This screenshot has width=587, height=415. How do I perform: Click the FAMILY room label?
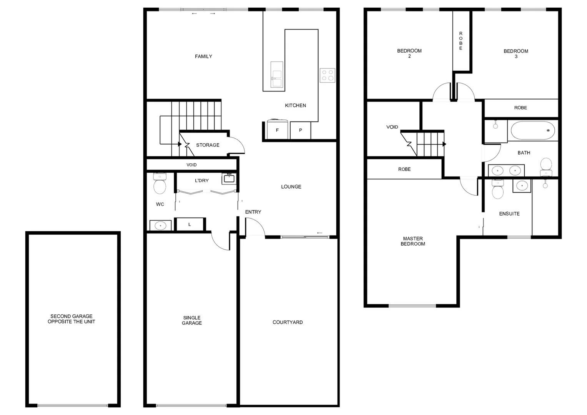203,56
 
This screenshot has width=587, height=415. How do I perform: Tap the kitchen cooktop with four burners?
328,75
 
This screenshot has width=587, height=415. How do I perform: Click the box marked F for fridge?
277,130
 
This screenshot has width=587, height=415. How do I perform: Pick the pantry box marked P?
300,130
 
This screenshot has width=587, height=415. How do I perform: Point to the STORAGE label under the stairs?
208,145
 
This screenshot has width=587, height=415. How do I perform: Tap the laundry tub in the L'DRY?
229,179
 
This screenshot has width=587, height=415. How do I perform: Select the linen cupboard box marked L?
190,224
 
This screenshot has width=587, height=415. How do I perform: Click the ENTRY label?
253,212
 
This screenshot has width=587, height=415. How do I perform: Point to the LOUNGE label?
291,187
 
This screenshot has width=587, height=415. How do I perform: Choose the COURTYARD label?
288,322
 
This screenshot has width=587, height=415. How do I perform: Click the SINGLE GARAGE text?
192,320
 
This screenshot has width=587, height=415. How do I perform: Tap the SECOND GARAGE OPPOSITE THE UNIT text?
72,319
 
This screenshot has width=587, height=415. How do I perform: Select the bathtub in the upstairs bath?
533,131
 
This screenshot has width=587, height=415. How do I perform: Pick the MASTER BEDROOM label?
413,241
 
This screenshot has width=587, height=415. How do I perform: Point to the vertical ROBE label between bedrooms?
461,41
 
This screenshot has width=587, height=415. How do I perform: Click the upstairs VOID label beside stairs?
392,127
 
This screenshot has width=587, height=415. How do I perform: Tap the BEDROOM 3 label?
516,54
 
